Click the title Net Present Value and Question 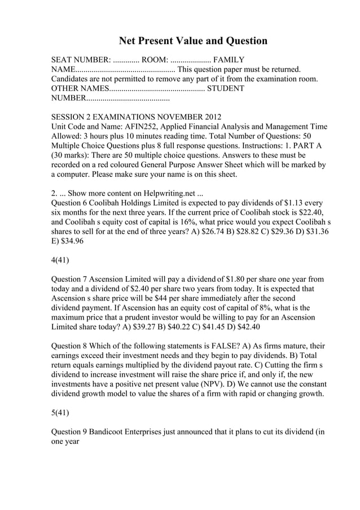click(x=192, y=41)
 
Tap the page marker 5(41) click(x=60, y=413)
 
